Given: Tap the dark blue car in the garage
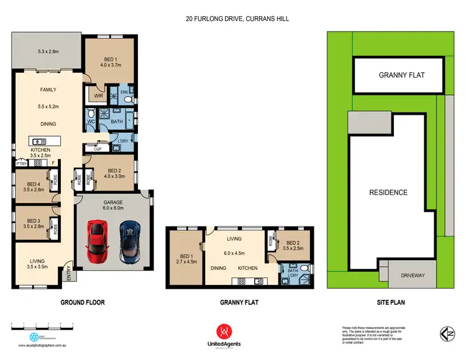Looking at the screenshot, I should (x=131, y=241).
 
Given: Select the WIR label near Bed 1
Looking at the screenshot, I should (x=98, y=96).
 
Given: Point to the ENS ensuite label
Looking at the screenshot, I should (x=124, y=92).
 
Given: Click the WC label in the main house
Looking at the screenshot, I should (x=91, y=122).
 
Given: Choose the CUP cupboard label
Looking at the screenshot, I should (x=98, y=149).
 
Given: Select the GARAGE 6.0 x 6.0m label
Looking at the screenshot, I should (x=112, y=205).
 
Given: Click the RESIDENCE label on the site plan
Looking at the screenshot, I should (x=389, y=192).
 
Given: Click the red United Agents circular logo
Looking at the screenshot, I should (x=225, y=332).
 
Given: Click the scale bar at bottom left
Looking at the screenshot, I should (x=42, y=325).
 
